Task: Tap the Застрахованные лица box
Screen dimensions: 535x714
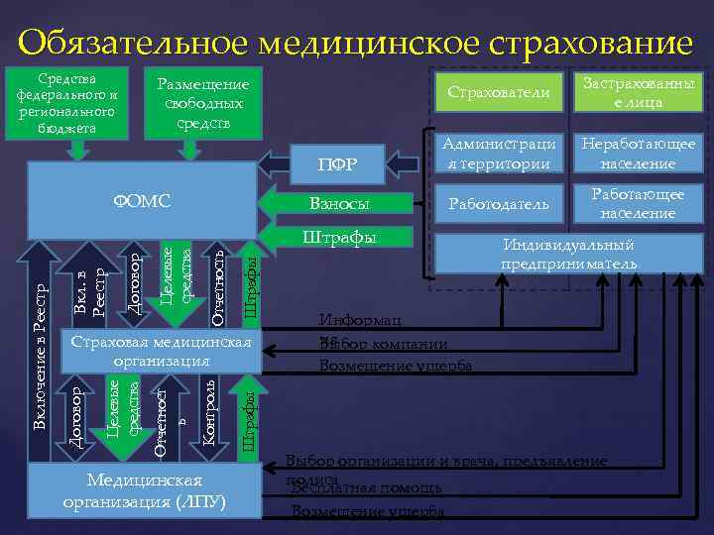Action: point(638,92)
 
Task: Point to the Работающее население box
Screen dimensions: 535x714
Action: point(638,203)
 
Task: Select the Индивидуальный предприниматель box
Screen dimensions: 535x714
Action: point(567,255)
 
